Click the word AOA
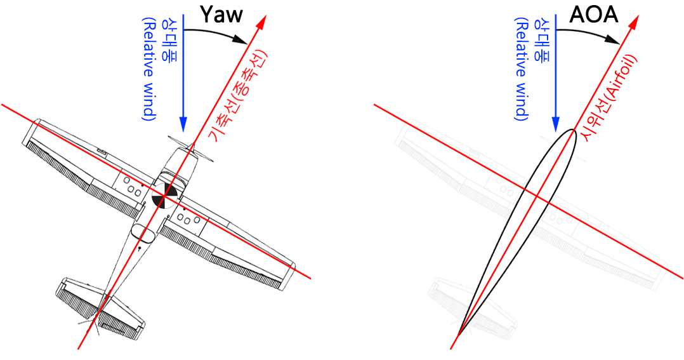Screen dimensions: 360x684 593,15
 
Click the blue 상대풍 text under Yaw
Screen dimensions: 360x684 170,37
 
